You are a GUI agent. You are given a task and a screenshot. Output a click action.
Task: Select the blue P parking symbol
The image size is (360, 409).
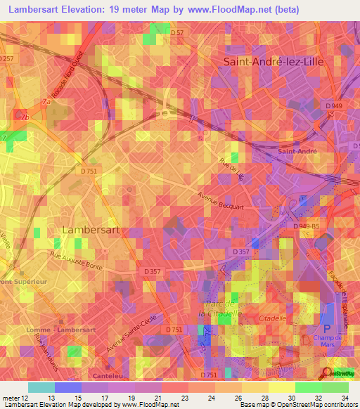(325, 327)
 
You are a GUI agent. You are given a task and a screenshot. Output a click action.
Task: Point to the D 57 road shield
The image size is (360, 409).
(177, 32)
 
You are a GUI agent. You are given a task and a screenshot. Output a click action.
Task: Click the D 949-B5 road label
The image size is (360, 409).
(305, 226)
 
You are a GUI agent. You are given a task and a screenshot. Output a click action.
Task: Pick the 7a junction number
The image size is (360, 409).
(47, 102)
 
